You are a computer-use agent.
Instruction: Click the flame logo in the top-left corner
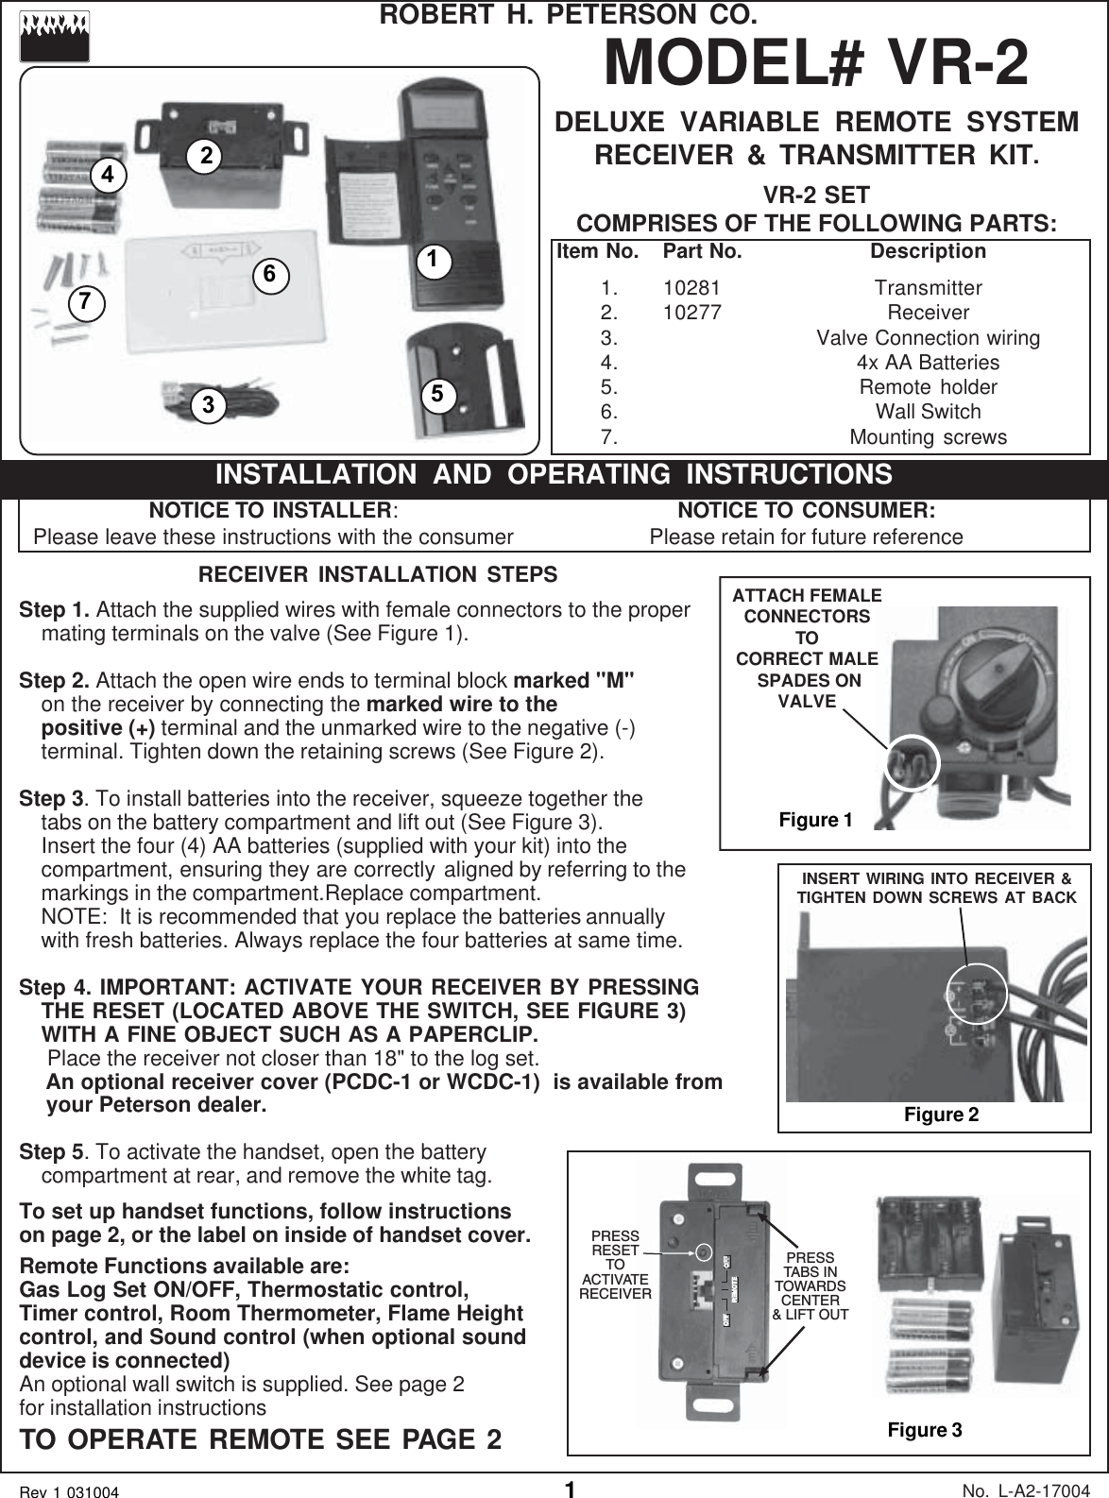click(54, 36)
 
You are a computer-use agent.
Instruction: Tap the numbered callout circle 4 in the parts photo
click(109, 175)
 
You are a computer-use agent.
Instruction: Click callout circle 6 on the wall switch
click(269, 274)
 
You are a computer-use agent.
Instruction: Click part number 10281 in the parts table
click(691, 288)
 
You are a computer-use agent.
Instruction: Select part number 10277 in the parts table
click(691, 313)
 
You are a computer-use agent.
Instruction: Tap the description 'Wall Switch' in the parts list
click(928, 412)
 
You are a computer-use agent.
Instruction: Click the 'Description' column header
click(928, 251)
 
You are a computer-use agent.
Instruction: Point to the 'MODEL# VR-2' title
click(816, 62)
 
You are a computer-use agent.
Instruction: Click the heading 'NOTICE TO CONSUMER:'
click(807, 511)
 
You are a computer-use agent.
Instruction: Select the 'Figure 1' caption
click(815, 820)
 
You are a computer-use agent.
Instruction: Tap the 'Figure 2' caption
click(941, 1115)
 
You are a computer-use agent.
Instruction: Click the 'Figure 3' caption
click(924, 1429)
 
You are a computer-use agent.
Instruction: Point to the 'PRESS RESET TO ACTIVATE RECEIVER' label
click(615, 1265)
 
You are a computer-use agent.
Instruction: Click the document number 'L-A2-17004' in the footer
click(1045, 1489)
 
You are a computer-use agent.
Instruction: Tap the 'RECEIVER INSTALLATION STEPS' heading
click(378, 575)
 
